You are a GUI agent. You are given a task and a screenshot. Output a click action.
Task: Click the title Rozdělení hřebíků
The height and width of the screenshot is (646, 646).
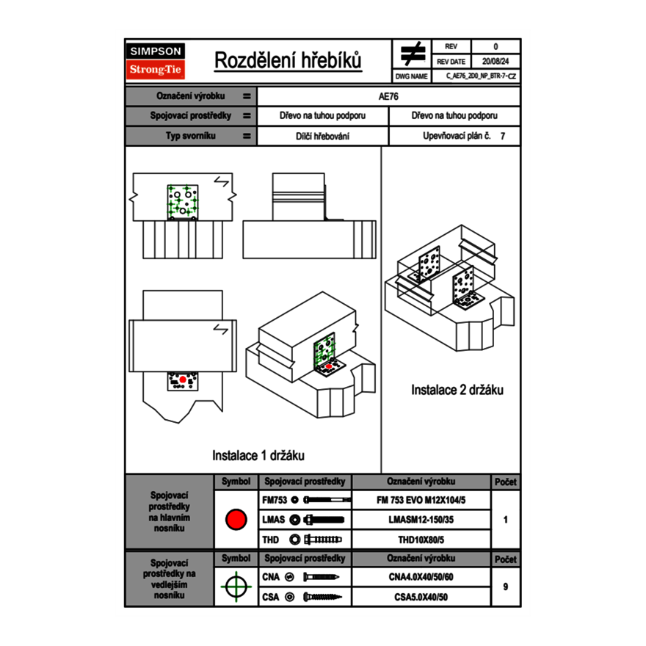(288, 61)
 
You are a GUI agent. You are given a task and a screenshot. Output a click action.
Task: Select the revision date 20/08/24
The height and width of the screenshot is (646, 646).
(495, 62)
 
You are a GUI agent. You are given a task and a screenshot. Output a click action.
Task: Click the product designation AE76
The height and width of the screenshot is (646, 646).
(388, 96)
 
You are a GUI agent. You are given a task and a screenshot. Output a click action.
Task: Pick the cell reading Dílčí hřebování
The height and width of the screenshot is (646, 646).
(323, 137)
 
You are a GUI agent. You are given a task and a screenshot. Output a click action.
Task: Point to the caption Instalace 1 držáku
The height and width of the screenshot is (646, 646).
(258, 455)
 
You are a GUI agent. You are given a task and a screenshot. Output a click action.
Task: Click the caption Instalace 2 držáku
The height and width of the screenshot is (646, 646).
(457, 390)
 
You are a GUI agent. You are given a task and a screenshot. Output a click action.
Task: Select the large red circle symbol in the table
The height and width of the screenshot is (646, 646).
(236, 519)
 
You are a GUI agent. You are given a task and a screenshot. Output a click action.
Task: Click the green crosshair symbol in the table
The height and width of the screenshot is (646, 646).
(236, 587)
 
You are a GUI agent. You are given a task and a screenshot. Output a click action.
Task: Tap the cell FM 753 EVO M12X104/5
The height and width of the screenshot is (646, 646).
(421, 500)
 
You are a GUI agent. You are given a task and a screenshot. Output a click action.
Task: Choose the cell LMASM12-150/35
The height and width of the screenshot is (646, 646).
(421, 520)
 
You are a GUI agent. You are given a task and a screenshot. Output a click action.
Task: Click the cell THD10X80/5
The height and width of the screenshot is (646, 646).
(421, 540)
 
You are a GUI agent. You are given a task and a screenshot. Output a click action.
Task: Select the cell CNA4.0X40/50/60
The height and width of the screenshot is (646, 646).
(421, 577)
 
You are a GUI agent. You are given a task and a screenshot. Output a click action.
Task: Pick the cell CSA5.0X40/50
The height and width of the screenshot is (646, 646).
(421, 597)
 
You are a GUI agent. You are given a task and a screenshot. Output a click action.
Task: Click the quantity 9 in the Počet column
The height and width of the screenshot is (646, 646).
(505, 587)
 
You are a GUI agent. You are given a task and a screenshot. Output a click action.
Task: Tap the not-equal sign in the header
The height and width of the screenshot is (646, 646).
(413, 54)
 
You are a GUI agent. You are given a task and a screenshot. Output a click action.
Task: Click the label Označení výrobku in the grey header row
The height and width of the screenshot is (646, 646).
(190, 96)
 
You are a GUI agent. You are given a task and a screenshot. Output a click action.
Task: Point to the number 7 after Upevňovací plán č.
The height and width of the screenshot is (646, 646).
(502, 137)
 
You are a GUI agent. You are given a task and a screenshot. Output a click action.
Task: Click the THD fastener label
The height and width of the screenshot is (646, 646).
(270, 540)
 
